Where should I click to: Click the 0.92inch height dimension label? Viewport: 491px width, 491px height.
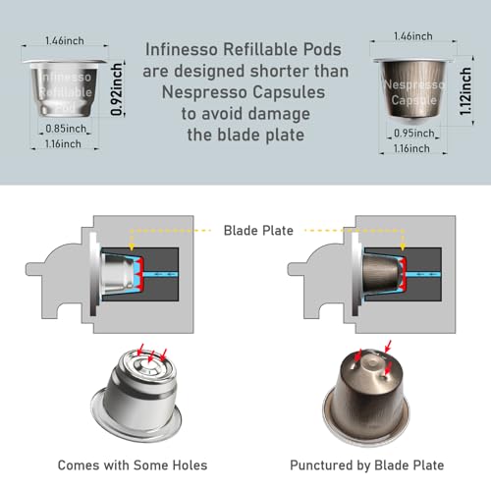click(117, 89)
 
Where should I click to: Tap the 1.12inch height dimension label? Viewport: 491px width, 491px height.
click(465, 91)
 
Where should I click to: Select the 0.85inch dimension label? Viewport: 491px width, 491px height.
click(66, 129)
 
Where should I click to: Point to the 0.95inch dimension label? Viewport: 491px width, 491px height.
click(414, 134)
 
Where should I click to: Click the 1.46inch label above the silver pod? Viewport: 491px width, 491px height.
click(65, 41)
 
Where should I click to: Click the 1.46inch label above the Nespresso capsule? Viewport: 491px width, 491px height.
click(413, 36)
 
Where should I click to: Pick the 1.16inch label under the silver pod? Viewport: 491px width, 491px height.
click(63, 143)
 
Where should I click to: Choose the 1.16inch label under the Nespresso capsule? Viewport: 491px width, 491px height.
click(411, 148)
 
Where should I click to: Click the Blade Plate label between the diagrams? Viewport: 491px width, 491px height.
click(258, 231)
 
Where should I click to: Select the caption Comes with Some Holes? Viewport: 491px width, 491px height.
click(133, 465)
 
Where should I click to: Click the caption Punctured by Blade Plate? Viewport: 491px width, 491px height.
click(367, 465)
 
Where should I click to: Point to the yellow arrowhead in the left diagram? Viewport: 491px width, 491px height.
click(132, 246)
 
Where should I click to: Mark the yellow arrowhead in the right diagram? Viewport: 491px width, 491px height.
click(403, 246)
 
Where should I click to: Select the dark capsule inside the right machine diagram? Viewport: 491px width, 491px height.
click(383, 274)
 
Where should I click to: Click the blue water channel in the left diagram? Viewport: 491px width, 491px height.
click(161, 274)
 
